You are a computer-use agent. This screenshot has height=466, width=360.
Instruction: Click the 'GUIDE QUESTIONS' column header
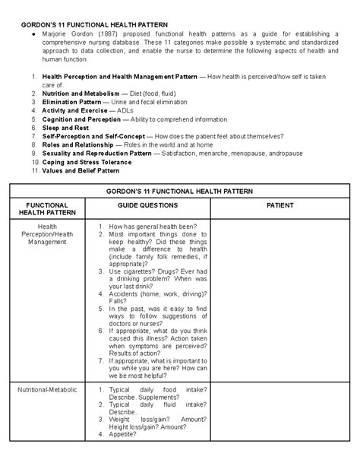[x=147, y=205]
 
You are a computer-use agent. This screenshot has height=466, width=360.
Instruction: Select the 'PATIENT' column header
[x=279, y=205]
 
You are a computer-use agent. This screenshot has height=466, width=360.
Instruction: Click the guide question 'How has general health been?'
[x=153, y=227]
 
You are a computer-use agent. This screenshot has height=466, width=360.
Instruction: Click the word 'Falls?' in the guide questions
[x=118, y=300]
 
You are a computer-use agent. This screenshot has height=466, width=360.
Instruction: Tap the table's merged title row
[x=179, y=190]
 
